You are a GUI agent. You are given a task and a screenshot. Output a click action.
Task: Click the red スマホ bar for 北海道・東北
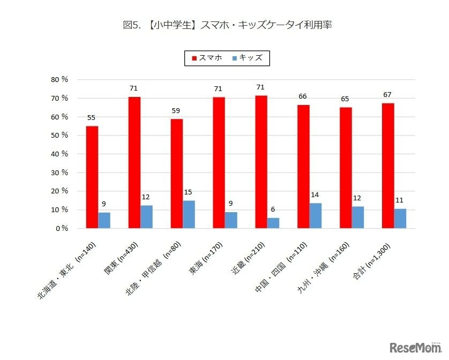pos(92,177)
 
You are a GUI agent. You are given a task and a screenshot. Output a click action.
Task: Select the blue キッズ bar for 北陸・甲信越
pos(189,214)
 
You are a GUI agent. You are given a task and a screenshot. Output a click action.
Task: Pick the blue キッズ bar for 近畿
pos(273,223)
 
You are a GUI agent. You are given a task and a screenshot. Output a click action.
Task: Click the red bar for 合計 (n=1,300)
pos(388,166)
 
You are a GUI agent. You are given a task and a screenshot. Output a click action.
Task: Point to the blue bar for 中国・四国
pos(316,215)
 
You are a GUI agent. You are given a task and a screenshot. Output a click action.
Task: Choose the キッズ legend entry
pos(247,58)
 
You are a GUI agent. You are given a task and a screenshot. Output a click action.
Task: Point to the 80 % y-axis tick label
pos(59,79)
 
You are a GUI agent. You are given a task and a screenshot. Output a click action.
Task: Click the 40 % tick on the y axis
pos(59,154)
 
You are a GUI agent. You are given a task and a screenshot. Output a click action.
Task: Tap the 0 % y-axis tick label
pos(61,228)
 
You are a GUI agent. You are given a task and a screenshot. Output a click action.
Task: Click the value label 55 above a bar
pos(92,117)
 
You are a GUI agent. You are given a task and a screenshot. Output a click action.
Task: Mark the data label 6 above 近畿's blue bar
pos(273,209)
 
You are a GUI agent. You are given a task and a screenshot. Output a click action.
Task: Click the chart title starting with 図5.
pos(224,25)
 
